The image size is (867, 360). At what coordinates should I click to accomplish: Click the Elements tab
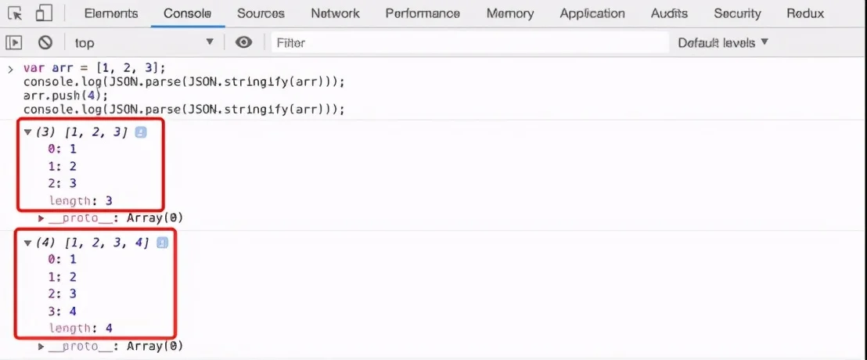(110, 13)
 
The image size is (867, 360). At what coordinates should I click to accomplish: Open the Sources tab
(261, 13)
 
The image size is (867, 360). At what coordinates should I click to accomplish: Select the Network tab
(335, 13)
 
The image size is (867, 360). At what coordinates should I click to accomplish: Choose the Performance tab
(423, 13)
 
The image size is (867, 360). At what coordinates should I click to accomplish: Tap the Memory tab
(510, 13)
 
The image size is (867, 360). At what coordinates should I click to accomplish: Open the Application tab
(592, 13)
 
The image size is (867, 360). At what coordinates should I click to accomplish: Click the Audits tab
(669, 13)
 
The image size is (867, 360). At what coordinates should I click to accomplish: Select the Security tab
(737, 13)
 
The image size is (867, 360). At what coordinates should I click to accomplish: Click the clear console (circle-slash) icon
(45, 42)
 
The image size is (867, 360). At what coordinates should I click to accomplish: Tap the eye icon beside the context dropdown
(244, 42)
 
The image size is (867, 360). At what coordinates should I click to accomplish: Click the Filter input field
(469, 42)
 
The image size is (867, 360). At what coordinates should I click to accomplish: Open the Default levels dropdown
(723, 42)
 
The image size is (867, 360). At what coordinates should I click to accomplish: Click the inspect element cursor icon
(15, 13)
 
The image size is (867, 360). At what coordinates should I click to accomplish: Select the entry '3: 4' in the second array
(63, 311)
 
